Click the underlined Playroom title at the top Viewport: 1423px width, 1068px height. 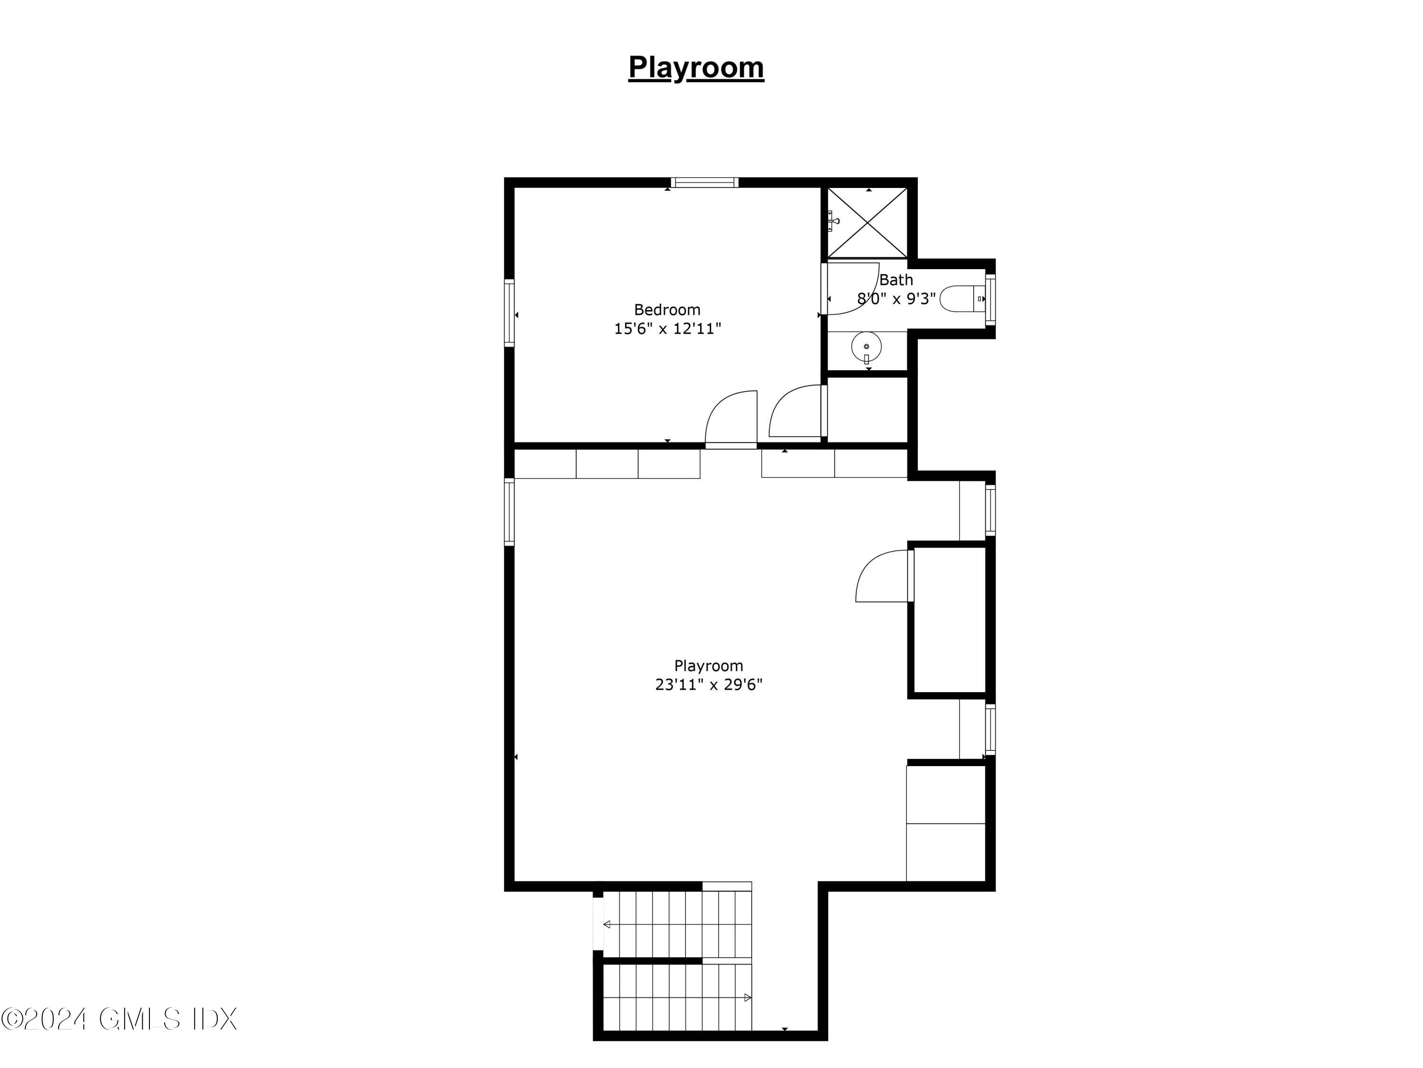point(696,67)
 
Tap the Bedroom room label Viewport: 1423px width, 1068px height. point(667,309)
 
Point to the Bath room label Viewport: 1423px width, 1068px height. point(896,280)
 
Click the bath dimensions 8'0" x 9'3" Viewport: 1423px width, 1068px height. point(896,299)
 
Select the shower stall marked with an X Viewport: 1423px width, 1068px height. point(867,222)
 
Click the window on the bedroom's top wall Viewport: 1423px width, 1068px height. point(704,183)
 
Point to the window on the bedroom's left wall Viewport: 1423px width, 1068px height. point(509,313)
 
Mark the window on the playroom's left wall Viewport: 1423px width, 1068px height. point(509,512)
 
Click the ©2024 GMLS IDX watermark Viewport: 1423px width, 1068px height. point(119,1019)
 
